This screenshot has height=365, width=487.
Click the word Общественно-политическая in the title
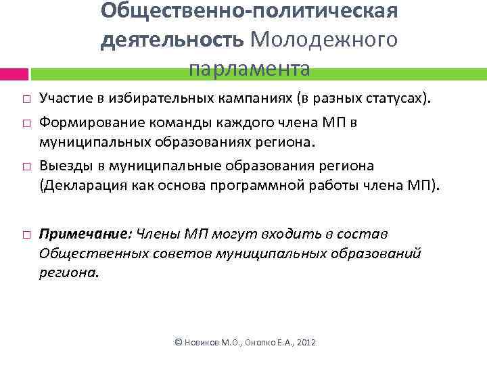click(x=249, y=11)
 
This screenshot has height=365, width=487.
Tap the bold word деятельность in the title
click(x=172, y=39)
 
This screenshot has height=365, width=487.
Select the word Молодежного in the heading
click(x=323, y=39)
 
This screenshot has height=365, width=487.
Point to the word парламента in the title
click(x=249, y=68)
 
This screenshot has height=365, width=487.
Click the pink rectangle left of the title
click(x=14, y=74)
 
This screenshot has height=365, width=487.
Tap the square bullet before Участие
click(x=24, y=100)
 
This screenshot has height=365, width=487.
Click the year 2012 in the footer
click(x=306, y=343)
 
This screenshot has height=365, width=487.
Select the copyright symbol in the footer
click(x=178, y=343)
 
